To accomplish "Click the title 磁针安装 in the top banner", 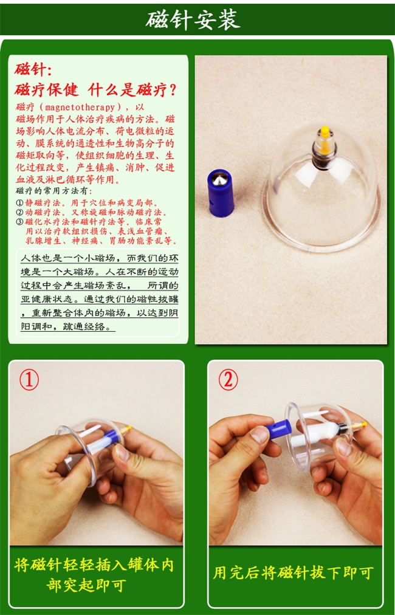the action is point(193,19).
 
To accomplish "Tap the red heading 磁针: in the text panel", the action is point(33,69).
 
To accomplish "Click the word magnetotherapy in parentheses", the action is point(80,107).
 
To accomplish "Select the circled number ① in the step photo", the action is point(29,380).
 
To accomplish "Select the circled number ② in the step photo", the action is point(228,380).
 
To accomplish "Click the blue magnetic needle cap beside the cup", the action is point(221,193).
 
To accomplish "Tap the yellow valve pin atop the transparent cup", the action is point(325,140).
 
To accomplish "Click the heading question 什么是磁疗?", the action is point(132,90).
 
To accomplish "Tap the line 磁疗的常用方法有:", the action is point(53,191).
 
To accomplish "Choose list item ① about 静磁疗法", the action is point(87,203).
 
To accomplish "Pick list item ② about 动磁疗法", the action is point(91,212).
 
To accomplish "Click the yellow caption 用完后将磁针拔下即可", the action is point(293,573).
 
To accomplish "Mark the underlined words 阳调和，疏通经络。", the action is point(67,326).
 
